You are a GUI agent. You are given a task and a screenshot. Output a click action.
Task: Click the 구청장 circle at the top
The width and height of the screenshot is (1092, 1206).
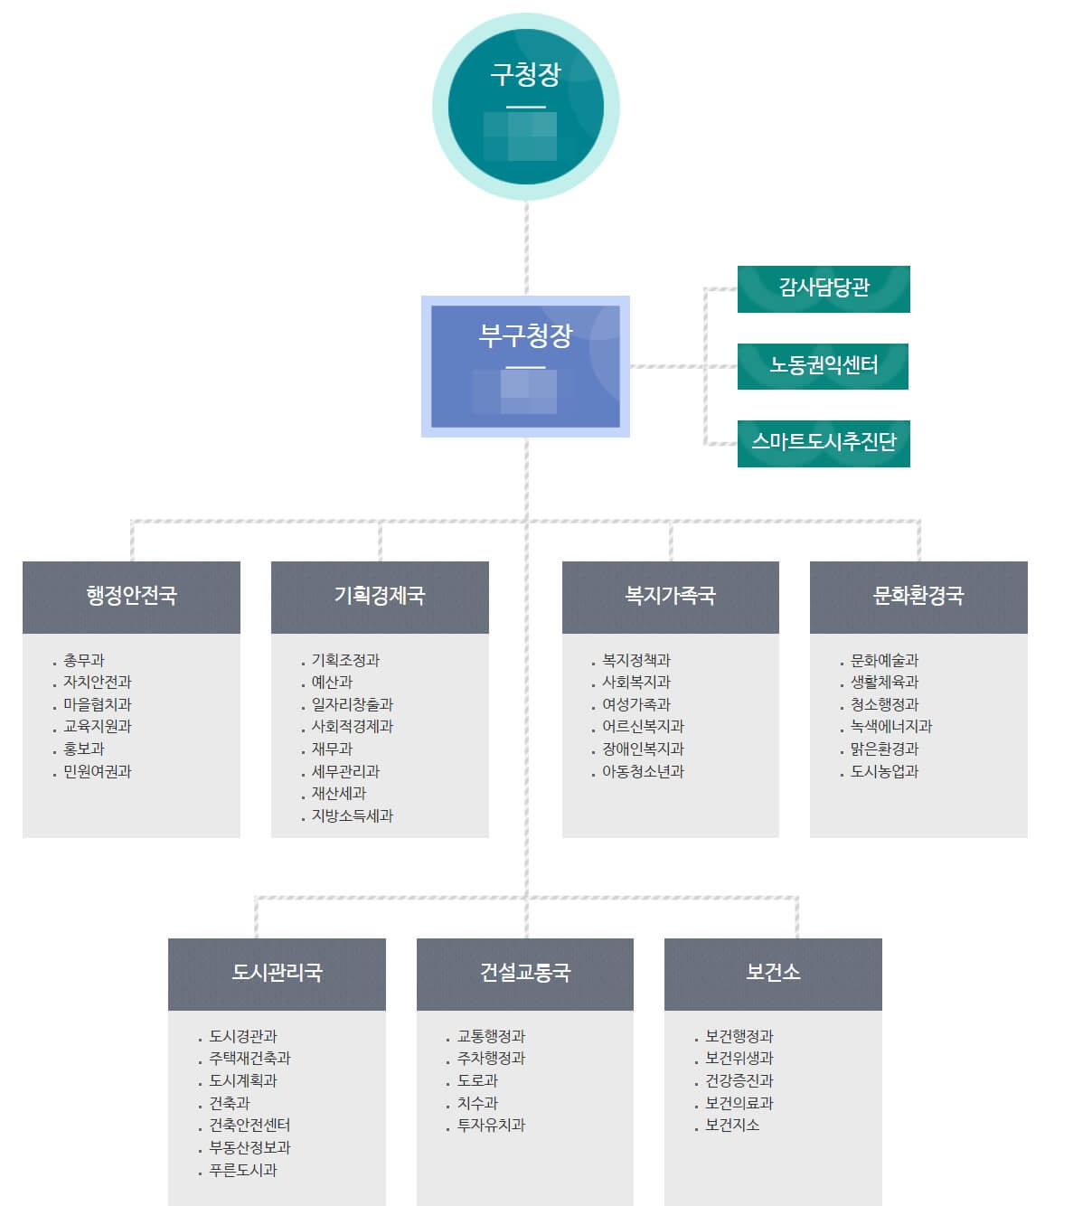tap(525, 107)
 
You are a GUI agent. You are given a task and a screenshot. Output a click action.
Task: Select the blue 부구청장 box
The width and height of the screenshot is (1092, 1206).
tap(525, 366)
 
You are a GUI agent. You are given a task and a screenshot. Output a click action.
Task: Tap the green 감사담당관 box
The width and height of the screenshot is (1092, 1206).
tap(824, 288)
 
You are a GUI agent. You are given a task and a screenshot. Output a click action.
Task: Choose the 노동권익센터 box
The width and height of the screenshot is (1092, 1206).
tap(823, 365)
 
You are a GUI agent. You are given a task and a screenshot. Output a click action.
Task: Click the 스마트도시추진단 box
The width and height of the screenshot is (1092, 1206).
tap(824, 443)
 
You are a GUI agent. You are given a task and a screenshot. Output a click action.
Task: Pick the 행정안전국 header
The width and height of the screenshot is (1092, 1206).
tap(131, 597)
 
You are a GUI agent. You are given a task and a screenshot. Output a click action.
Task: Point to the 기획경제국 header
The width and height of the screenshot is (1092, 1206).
tap(380, 597)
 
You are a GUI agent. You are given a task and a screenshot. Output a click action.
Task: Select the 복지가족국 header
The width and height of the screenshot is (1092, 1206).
tap(670, 597)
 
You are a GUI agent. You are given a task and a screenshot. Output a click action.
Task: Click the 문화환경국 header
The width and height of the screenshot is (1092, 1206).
tap(918, 597)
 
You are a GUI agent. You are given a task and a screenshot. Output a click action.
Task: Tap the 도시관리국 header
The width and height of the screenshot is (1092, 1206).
tap(277, 974)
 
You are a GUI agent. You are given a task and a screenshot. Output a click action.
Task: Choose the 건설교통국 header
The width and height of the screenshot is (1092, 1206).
tap(524, 974)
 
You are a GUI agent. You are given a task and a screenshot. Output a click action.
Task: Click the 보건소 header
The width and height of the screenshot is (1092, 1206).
tap(773, 974)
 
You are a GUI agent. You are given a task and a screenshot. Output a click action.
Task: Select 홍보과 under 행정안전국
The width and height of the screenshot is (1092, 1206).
tap(84, 749)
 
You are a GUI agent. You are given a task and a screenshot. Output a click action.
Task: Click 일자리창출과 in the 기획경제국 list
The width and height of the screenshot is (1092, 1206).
tap(353, 705)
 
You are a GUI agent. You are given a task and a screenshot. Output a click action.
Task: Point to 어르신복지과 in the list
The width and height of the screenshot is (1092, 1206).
tap(644, 727)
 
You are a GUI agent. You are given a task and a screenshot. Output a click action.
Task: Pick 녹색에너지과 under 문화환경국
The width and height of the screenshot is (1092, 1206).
tap(891, 727)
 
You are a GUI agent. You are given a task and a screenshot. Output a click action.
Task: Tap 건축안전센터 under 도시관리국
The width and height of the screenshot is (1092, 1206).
tap(249, 1126)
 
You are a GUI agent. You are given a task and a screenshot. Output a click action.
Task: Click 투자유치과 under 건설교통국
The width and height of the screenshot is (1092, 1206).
tap(491, 1126)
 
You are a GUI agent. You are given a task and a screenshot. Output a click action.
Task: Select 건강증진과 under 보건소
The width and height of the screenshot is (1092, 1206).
tap(739, 1081)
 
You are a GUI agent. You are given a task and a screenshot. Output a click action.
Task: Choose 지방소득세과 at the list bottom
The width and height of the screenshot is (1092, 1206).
tap(353, 816)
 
